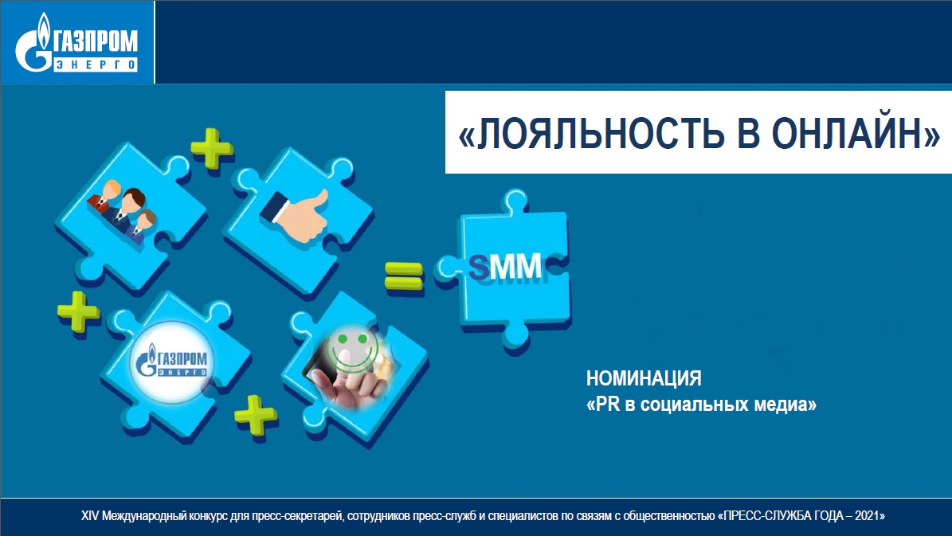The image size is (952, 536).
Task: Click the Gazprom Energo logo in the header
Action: pos(76,42)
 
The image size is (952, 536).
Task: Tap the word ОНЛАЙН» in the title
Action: pos(856,132)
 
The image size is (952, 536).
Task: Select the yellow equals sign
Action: pos(404,276)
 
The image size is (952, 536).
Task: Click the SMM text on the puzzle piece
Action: pos(505,267)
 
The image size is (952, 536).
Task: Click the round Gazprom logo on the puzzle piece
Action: pos(172,362)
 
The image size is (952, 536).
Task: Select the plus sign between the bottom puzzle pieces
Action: pos(256,415)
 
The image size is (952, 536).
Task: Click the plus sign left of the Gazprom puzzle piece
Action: pos(78,311)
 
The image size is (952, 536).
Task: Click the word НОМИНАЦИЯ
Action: pos(644,379)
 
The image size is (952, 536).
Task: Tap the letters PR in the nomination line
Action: pos(608,405)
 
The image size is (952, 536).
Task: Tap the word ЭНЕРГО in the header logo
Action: pos(96,64)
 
